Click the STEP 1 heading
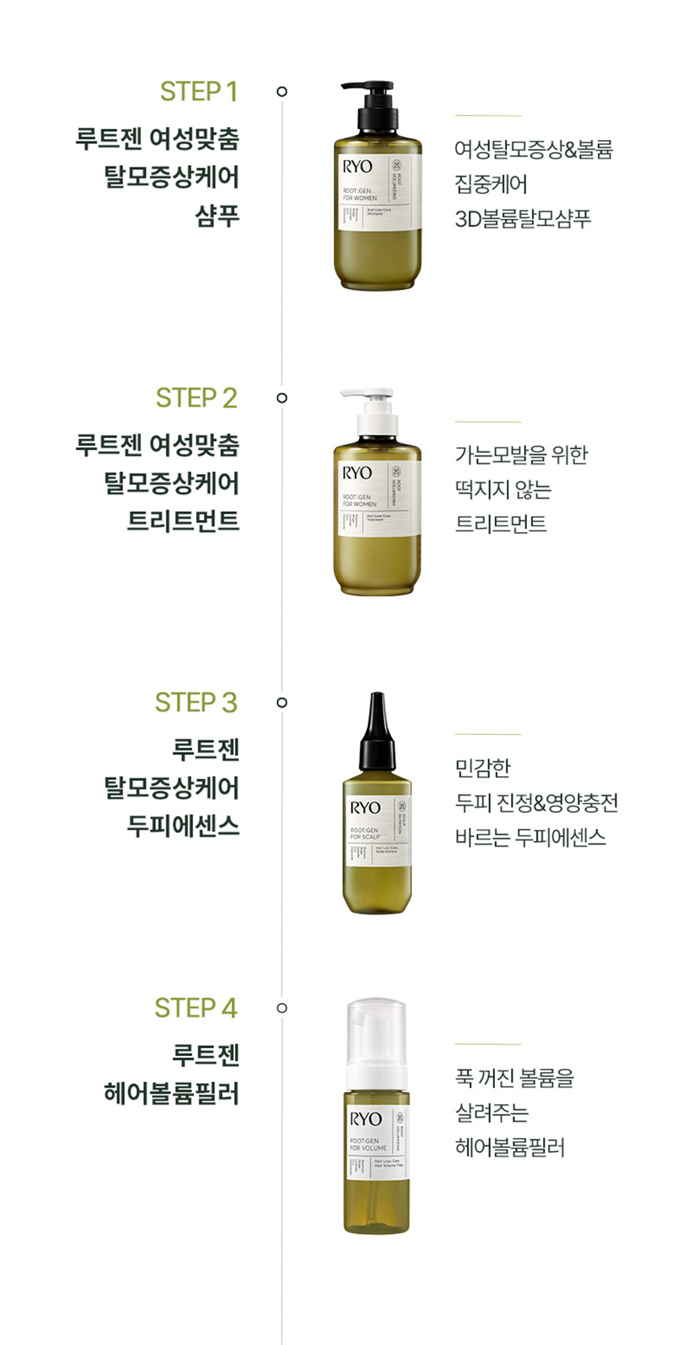tap(199, 92)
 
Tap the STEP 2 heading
tap(196, 398)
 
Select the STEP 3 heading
tap(196, 703)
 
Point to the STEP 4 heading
tap(196, 1008)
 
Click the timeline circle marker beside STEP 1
tap(282, 92)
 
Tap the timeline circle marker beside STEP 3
tap(282, 703)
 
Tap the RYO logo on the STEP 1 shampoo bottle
tap(357, 167)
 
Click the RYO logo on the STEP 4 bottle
tap(365, 1119)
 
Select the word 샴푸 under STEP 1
tap(217, 216)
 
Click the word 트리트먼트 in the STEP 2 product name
tap(183, 521)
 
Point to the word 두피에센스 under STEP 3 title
tap(183, 825)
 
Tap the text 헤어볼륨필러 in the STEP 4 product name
tap(172, 1093)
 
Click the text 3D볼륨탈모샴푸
tap(523, 219)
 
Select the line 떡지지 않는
tap(503, 489)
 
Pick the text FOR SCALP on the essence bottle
tap(365, 836)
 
